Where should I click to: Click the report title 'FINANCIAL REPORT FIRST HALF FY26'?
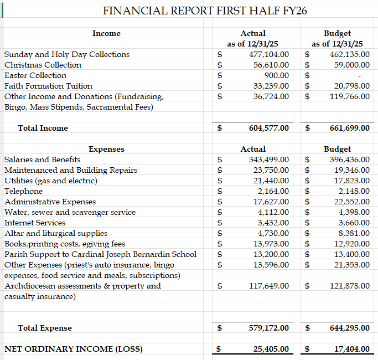click(205, 11)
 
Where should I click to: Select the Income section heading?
click(106, 33)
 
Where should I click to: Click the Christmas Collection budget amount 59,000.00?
click(350, 65)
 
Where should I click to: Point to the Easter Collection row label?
click(35, 75)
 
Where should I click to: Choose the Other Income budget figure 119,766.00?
click(348, 96)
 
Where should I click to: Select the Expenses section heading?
click(106, 149)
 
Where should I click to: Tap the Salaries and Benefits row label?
click(42, 160)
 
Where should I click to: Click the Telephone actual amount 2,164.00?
click(273, 191)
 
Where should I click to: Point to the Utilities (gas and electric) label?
click(51, 181)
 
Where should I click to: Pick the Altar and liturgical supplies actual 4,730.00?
click(273, 233)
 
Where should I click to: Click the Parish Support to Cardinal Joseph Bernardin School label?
click(100, 254)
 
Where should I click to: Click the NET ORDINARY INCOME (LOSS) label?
click(73, 349)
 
